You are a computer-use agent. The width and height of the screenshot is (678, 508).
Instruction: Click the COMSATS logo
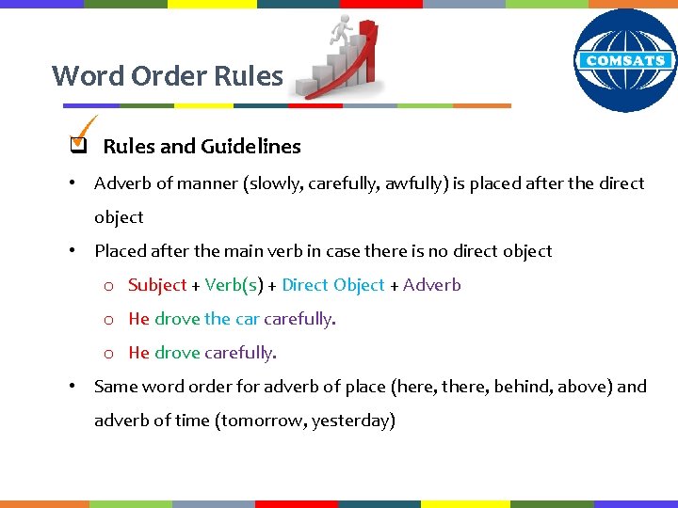click(x=625, y=60)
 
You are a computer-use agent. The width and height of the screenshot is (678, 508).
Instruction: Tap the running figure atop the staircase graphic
click(x=341, y=33)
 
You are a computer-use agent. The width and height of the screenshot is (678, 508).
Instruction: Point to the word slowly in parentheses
click(x=274, y=183)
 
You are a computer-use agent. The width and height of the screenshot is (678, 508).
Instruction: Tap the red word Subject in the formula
click(x=157, y=285)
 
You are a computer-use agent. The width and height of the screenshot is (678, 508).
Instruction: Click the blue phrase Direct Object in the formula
click(x=333, y=285)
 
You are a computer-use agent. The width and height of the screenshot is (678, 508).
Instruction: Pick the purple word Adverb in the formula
click(x=432, y=285)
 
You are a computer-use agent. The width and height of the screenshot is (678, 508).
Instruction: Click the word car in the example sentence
click(x=248, y=319)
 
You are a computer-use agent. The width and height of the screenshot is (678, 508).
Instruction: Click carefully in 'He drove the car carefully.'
click(x=299, y=319)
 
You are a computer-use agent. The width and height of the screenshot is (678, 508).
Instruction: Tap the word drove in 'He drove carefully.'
click(x=177, y=353)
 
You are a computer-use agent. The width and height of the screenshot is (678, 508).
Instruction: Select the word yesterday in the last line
click(x=354, y=421)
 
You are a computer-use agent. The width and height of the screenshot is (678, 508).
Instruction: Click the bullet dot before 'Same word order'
click(x=72, y=386)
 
